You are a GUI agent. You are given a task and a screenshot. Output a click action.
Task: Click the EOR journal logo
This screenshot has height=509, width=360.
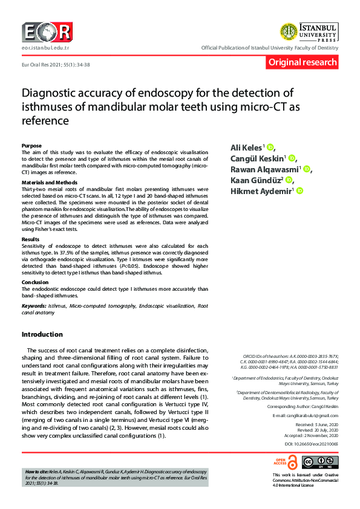pyautogui.click(x=47, y=32)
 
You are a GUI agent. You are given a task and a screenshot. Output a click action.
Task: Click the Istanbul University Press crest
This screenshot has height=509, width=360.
pyautogui.click(x=287, y=31)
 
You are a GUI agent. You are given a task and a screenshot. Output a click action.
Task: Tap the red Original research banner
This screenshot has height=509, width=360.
pyautogui.click(x=302, y=62)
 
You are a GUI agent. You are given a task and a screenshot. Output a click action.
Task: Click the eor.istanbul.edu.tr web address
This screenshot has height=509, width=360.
pyautogui.click(x=45, y=47)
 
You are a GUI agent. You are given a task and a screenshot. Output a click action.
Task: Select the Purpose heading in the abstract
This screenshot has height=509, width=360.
pyautogui.click(x=31, y=146)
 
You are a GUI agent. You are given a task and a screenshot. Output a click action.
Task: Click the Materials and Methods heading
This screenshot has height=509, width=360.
pyautogui.click(x=50, y=182)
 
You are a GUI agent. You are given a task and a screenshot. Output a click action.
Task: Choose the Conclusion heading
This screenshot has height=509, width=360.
pyautogui.click(x=35, y=282)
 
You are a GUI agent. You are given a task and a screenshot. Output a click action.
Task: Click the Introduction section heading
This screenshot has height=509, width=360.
pyautogui.click(x=42, y=334)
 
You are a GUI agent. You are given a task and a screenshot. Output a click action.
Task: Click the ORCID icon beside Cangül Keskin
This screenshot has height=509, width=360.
pyautogui.click(x=292, y=158)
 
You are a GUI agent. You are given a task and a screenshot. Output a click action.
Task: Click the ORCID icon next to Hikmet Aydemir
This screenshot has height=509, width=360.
pyautogui.click(x=299, y=191)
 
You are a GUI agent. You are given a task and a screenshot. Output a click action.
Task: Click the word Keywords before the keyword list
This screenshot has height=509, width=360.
pyautogui.click(x=33, y=306)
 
